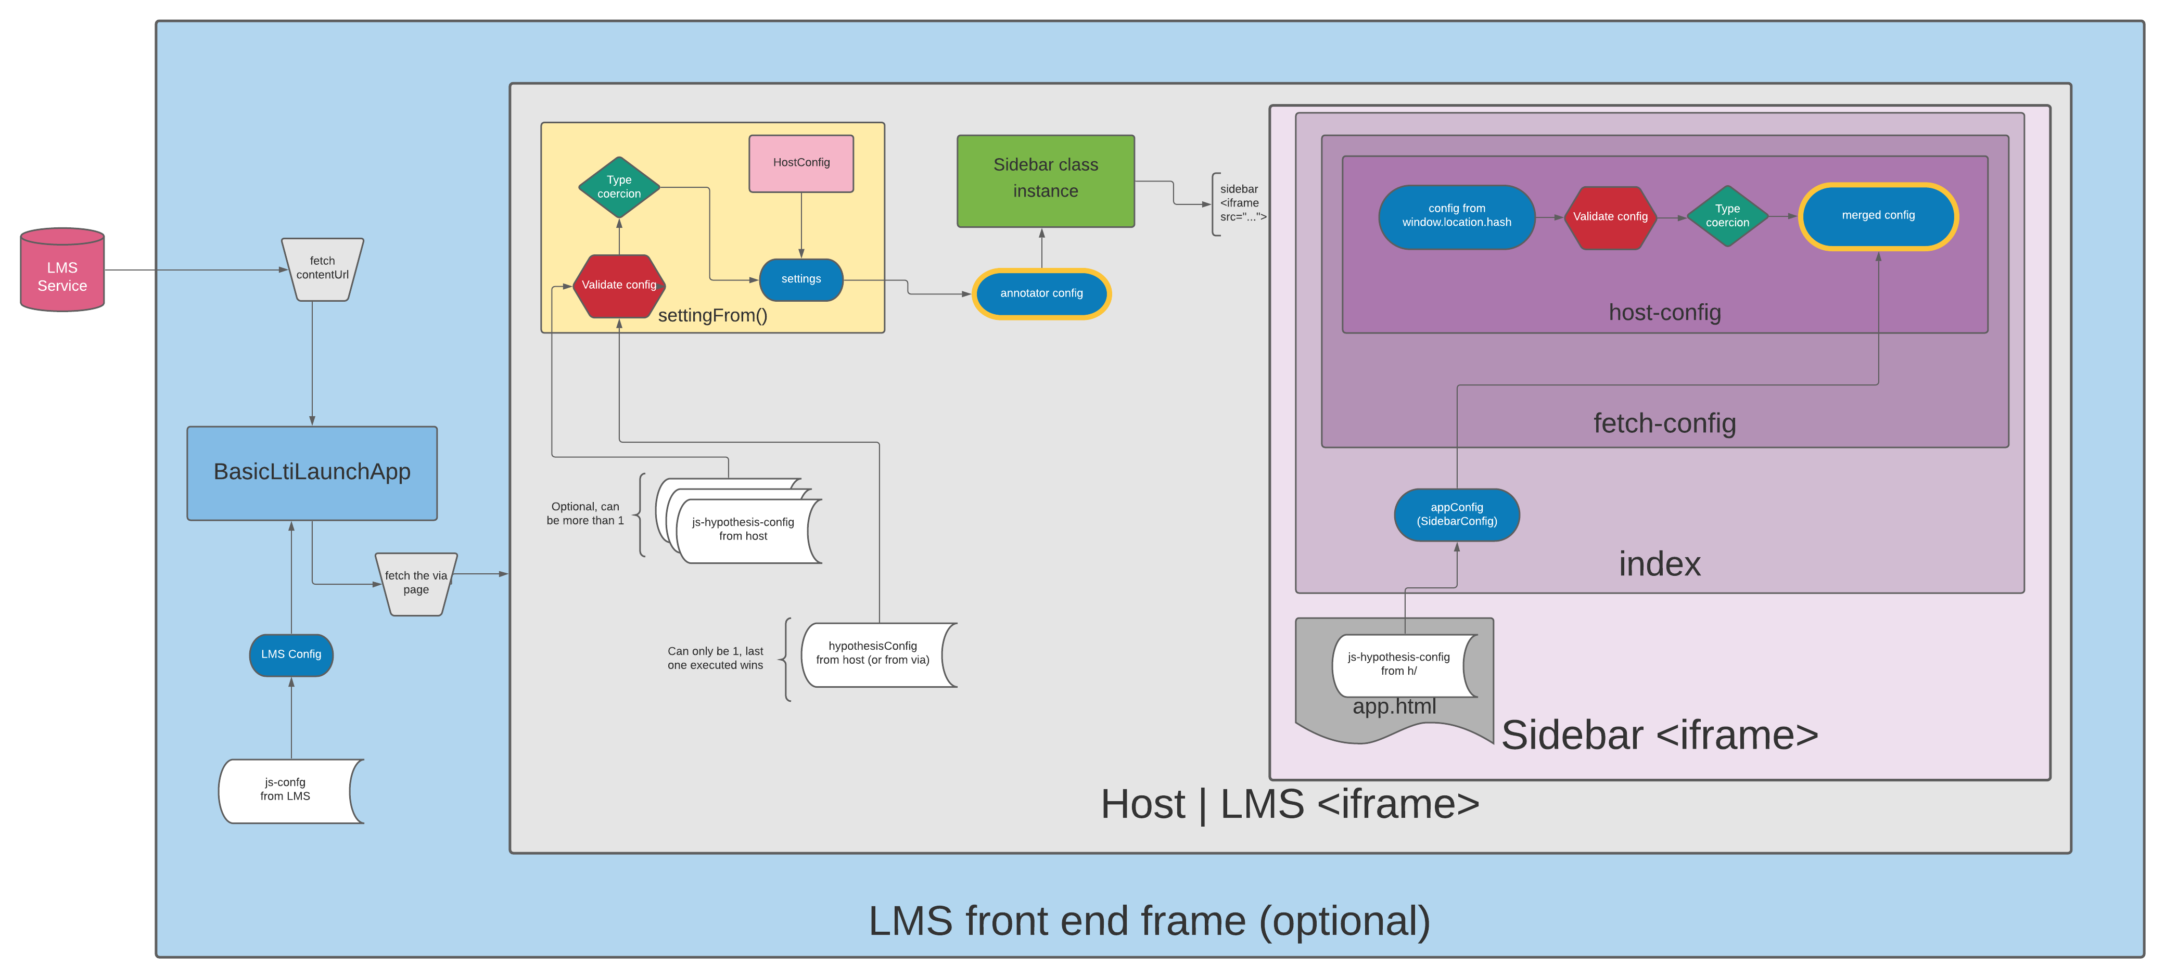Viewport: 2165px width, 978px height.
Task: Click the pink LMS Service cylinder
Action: pyautogui.click(x=62, y=271)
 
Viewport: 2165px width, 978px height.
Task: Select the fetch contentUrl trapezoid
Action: pyautogui.click(x=322, y=269)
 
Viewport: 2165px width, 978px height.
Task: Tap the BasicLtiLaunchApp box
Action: pyautogui.click(x=312, y=472)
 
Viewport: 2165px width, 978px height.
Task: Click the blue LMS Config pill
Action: pyautogui.click(x=291, y=654)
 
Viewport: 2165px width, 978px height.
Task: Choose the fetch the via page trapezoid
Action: pyautogui.click(x=416, y=583)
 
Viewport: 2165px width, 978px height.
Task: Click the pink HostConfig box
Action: pyautogui.click(x=801, y=163)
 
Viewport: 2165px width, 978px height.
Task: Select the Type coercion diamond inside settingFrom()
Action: pyautogui.click(x=619, y=187)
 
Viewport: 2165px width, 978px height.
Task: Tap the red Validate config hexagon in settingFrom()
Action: pyautogui.click(x=619, y=286)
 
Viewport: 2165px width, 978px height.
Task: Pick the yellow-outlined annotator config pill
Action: pyautogui.click(x=1041, y=293)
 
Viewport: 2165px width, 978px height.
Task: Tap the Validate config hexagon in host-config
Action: pyautogui.click(x=1610, y=217)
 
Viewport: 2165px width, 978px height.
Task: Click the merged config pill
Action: pyautogui.click(x=1878, y=216)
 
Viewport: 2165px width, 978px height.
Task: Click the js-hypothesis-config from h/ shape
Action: pyautogui.click(x=1398, y=664)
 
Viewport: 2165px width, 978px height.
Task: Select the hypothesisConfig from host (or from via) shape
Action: pyautogui.click(x=872, y=654)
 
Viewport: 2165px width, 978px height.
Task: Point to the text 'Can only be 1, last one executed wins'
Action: pyautogui.click(x=715, y=658)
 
